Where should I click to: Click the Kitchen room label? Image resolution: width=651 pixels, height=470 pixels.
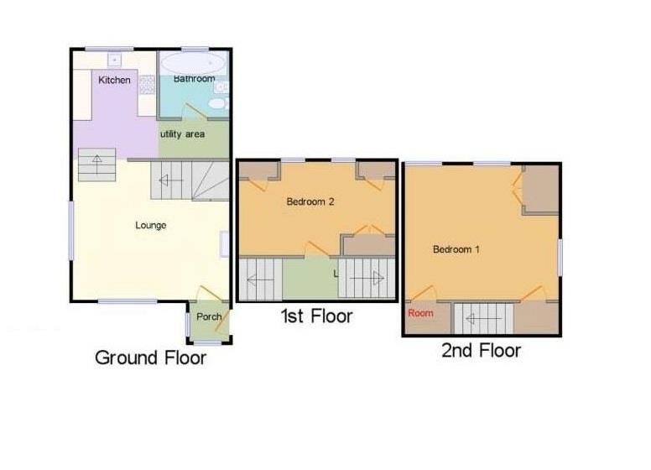114,81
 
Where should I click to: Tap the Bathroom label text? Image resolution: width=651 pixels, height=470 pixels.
193,79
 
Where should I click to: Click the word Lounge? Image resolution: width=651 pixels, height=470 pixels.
151,225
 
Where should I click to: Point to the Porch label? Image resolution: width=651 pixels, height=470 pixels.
209,316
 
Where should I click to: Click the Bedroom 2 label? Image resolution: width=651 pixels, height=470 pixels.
311,201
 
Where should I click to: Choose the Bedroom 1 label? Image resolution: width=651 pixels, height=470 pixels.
457,249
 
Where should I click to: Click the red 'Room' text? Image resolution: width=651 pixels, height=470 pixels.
421,313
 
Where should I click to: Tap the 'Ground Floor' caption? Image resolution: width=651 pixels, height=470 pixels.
150,358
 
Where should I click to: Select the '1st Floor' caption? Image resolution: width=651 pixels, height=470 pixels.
316,316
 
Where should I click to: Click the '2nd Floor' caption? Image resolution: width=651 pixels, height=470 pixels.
481,350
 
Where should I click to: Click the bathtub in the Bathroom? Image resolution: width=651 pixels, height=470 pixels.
192,63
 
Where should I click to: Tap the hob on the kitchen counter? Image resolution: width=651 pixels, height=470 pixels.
146,83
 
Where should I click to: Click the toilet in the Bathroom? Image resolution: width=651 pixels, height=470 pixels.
216,103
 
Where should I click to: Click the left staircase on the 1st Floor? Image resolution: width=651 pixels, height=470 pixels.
260,279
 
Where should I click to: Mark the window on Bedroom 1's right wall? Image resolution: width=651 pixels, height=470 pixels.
560,255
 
